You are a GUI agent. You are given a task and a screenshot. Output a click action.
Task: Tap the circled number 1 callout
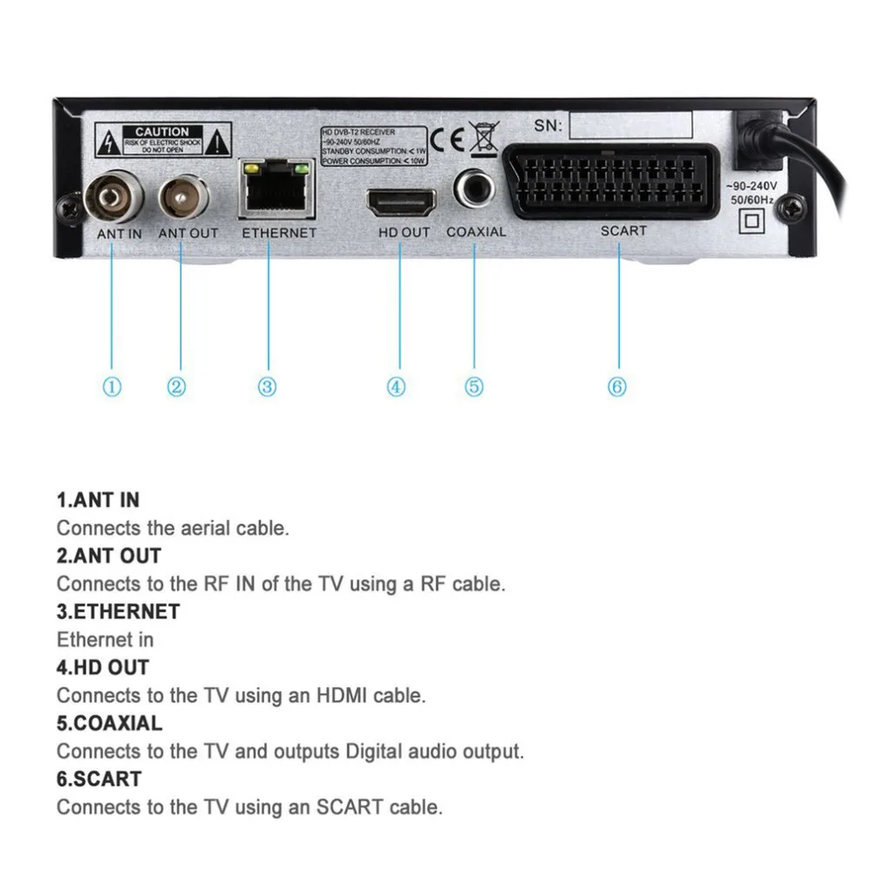(x=112, y=386)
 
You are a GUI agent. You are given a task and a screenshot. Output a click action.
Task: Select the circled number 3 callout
(x=268, y=386)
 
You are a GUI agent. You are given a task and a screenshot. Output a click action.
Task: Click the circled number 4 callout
(x=397, y=386)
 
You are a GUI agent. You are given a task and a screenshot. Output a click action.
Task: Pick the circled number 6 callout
(x=617, y=386)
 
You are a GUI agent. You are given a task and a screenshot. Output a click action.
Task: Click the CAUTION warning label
(x=163, y=139)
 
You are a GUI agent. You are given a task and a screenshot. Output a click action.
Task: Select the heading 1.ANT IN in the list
(x=98, y=501)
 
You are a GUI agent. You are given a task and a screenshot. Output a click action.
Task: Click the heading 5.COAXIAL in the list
(x=109, y=723)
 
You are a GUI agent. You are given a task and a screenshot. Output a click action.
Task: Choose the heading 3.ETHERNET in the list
(x=118, y=611)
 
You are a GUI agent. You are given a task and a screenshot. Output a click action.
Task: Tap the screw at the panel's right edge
(x=791, y=208)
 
